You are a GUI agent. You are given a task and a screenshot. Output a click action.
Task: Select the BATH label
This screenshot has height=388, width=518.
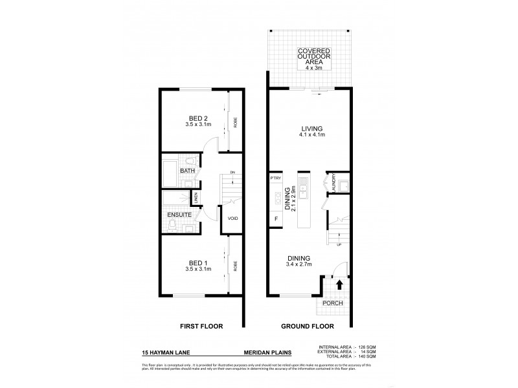[186, 171]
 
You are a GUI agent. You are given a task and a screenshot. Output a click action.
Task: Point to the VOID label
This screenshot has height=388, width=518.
[232, 219]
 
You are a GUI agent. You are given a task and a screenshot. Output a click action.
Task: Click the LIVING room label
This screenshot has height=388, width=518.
[312, 128]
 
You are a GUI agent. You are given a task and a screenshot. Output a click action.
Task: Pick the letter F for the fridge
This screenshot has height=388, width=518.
[276, 219]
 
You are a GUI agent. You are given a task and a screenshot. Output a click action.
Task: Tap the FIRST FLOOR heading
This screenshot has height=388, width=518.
[202, 327]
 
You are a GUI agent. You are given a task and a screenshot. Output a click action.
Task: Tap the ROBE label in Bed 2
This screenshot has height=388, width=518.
[235, 123]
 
